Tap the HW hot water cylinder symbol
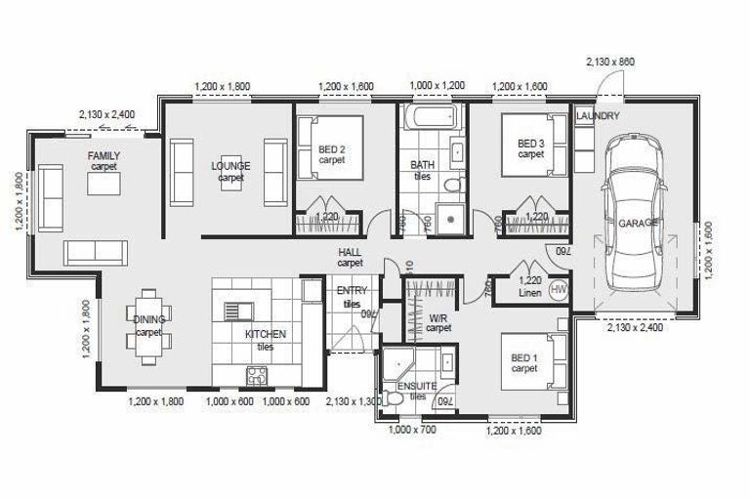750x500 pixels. (x=559, y=290)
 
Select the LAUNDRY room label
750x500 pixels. (x=598, y=116)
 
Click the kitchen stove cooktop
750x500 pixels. (x=258, y=374)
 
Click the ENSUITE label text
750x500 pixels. (x=417, y=387)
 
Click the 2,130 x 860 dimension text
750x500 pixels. (x=610, y=62)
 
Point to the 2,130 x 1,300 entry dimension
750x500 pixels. (x=351, y=401)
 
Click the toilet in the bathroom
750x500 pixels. (x=452, y=184)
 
